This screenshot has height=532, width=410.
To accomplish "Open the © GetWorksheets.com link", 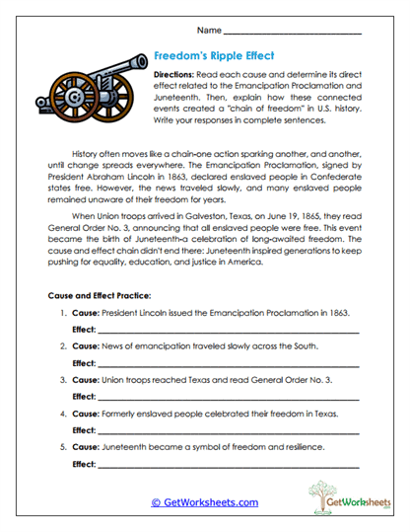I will (x=204, y=502).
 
